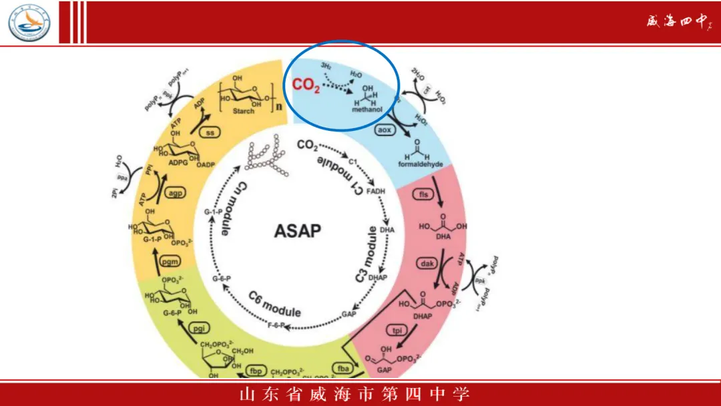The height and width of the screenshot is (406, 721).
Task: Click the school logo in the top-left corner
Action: pos(29,21)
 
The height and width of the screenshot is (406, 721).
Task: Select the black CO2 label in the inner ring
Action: pos(307,145)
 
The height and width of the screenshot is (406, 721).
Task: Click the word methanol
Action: pos(366,108)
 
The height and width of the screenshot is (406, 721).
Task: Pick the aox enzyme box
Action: pos(385,130)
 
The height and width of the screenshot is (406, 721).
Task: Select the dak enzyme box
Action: pos(427,264)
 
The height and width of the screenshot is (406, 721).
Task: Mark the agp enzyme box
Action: pos(175,193)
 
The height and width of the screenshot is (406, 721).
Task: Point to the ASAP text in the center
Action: pos(298,232)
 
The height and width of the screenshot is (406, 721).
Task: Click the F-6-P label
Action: pos(276,325)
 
